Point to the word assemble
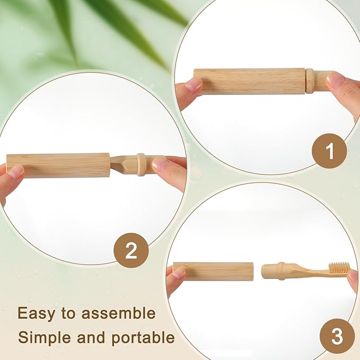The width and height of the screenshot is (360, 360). tap(119, 313)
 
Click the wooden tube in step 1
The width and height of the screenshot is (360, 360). tap(249, 81)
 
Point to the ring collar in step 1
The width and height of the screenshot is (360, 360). tap(309, 81)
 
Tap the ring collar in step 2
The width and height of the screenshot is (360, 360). tap(141, 164)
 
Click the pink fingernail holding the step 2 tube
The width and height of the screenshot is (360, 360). tap(16, 171)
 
